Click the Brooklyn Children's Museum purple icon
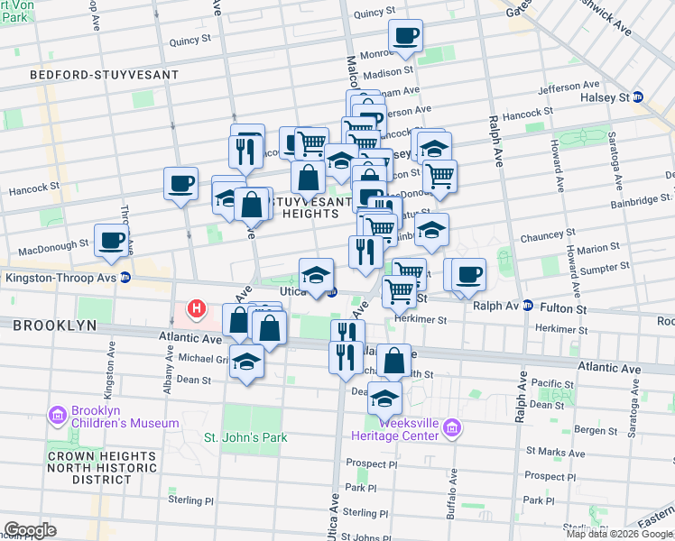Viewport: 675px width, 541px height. point(58,415)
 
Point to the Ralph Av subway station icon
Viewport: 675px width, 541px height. point(528,307)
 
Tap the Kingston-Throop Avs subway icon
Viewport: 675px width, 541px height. point(125,278)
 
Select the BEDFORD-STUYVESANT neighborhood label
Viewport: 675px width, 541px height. point(86,74)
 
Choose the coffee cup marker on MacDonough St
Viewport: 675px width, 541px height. point(111,240)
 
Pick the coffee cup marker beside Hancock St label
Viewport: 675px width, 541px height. point(180,184)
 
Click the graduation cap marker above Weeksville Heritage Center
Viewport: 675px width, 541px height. point(385,397)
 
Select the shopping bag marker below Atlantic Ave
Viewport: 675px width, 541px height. point(393,361)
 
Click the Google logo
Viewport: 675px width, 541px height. point(30,529)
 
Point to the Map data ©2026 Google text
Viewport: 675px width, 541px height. point(619,534)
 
